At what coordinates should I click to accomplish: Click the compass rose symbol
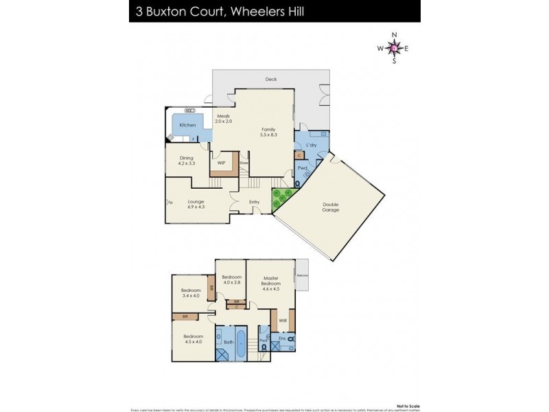click(394, 47)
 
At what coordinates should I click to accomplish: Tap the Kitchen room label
click(187, 126)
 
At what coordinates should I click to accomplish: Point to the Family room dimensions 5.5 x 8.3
click(267, 133)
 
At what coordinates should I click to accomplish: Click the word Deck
click(271, 80)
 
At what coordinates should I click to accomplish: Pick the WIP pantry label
click(221, 163)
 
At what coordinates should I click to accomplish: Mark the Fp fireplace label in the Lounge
click(170, 202)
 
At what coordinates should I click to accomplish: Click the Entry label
click(254, 202)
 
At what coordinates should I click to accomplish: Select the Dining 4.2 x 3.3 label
click(187, 161)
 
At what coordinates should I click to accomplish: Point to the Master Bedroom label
click(271, 284)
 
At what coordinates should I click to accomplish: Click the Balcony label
click(303, 275)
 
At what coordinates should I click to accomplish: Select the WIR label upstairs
click(283, 321)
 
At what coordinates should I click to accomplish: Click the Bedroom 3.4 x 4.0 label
click(190, 293)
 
